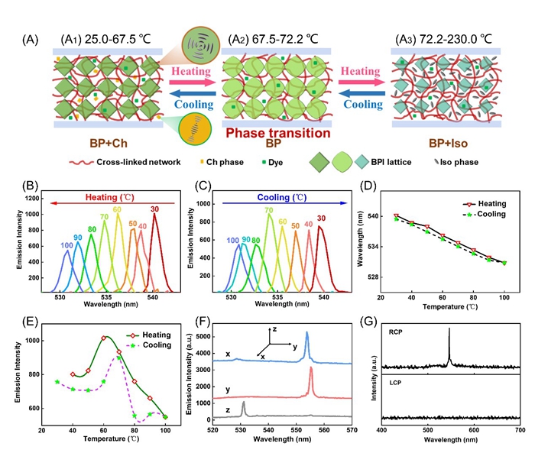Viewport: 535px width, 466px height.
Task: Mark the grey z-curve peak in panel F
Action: point(243,403)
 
